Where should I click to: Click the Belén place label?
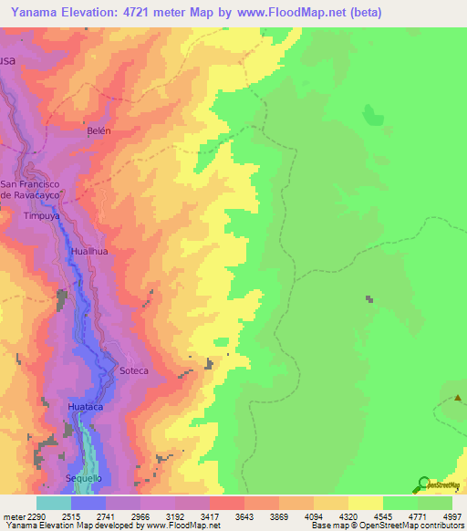(x=99, y=130)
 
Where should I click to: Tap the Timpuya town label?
(x=40, y=217)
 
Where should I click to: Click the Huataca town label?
(x=85, y=406)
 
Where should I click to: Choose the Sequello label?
(x=84, y=478)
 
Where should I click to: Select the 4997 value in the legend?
(x=441, y=515)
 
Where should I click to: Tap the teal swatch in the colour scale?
(x=54, y=503)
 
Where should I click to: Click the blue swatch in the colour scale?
(x=88, y=503)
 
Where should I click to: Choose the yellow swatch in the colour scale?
(x=365, y=503)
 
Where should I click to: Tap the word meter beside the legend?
(x=11, y=515)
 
